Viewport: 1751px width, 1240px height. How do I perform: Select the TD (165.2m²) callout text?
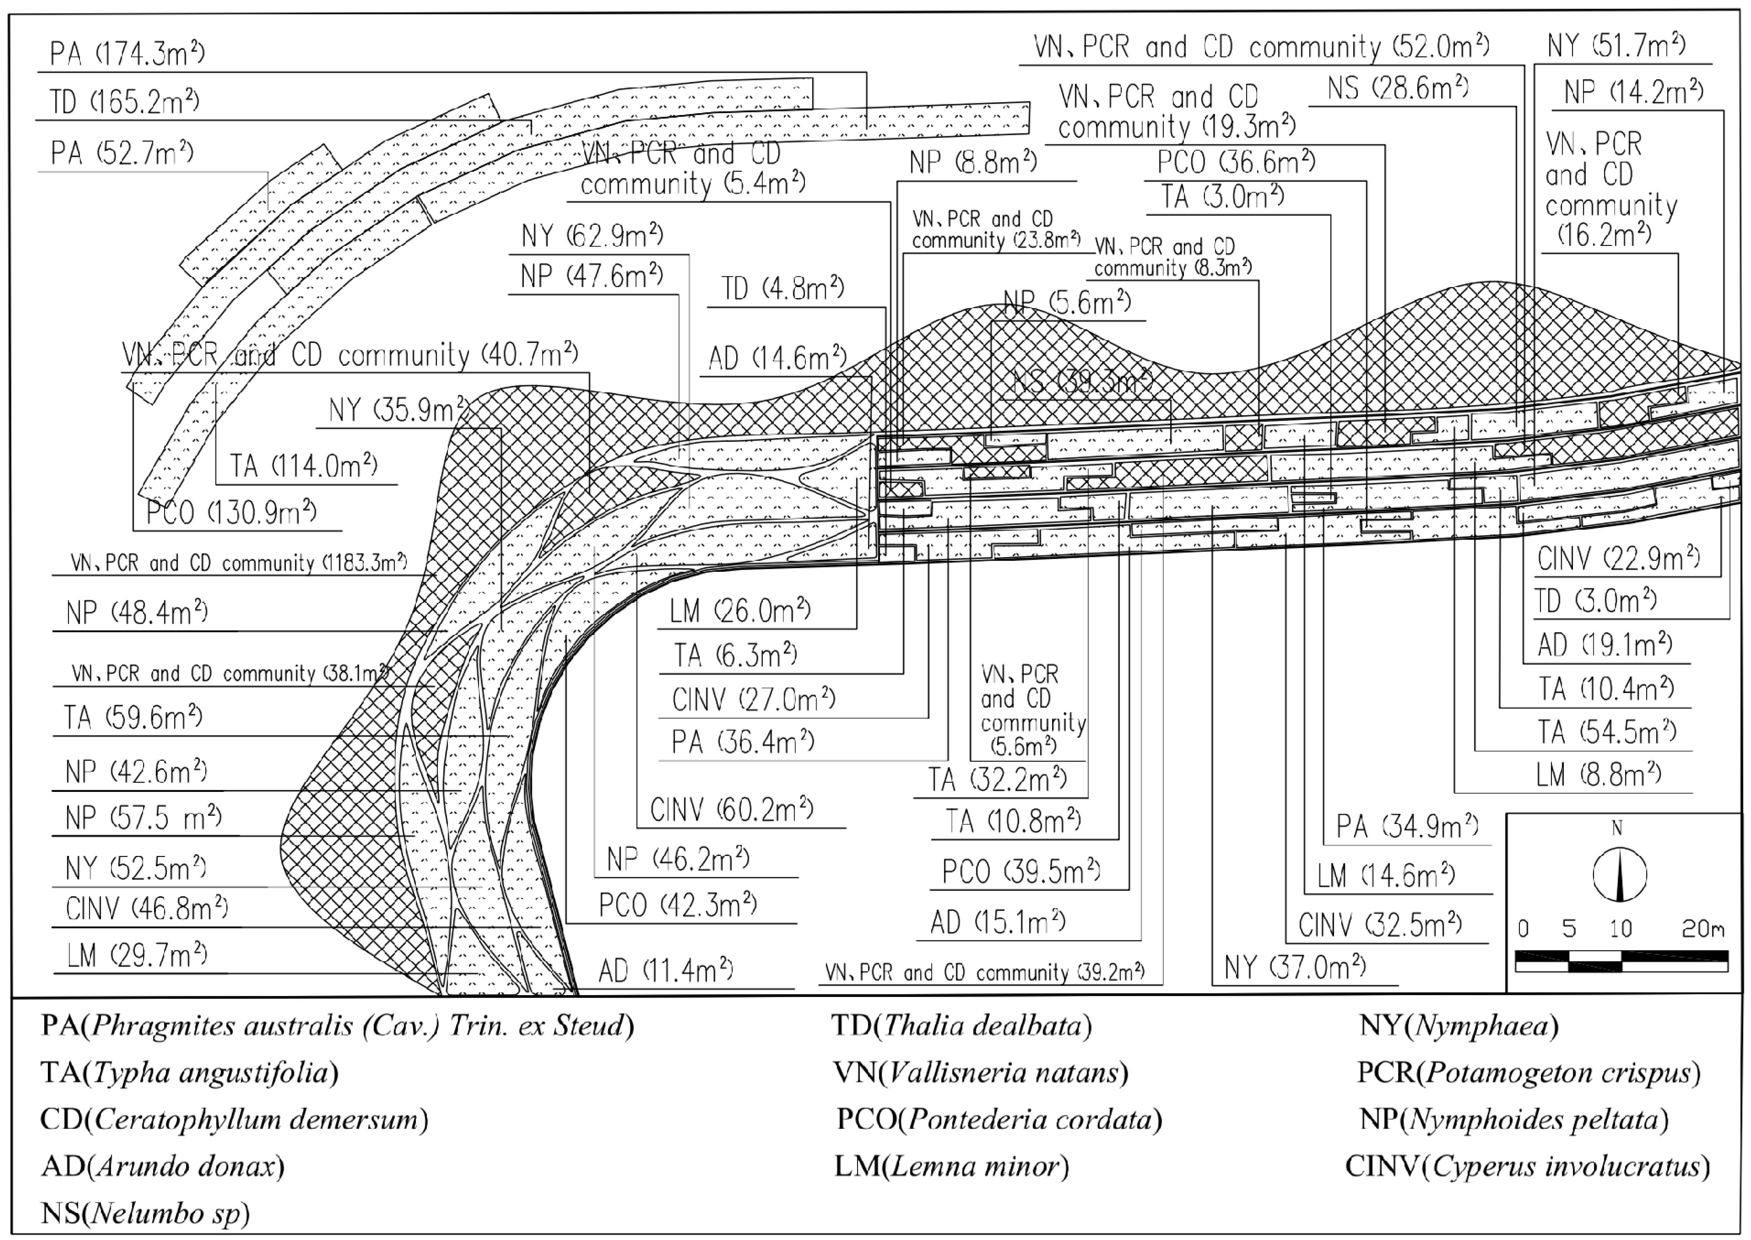(124, 101)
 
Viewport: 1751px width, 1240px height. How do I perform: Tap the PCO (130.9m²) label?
(231, 511)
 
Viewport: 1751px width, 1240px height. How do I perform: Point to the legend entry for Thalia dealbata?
(962, 1025)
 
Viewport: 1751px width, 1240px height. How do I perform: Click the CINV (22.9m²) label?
(1618, 559)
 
